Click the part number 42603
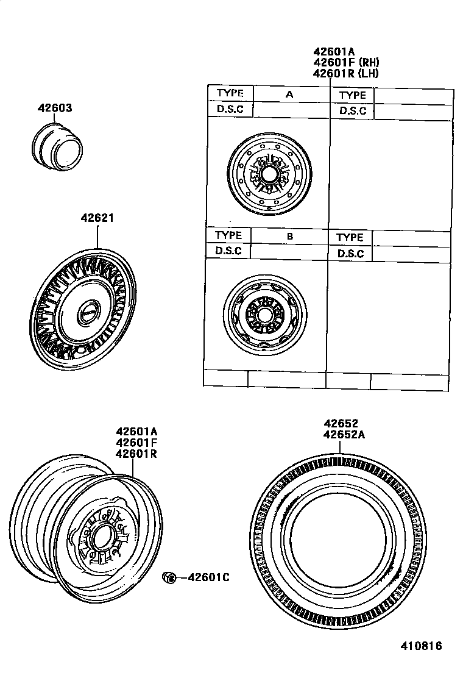(55, 108)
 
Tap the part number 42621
(97, 218)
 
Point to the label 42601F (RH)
(346, 62)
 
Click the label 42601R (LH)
(345, 73)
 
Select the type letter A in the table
(289, 95)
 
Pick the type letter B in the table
(290, 236)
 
